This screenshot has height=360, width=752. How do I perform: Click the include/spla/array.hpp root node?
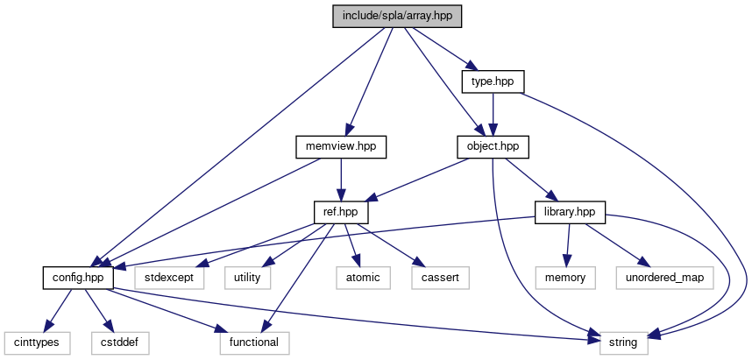pos(397,17)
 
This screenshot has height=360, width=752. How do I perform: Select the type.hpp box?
pos(493,81)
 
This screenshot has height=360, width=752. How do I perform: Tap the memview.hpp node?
pos(341,146)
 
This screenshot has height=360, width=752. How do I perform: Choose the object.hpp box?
pos(493,146)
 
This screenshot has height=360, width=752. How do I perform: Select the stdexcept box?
pos(170,277)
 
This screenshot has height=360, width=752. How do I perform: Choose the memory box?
pos(566,277)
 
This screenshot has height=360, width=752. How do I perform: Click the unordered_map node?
pos(663,277)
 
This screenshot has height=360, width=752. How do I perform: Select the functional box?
pos(254,342)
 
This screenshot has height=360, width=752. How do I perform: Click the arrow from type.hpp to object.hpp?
pos(493,114)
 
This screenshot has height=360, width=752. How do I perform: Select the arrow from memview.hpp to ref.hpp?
pos(341,179)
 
